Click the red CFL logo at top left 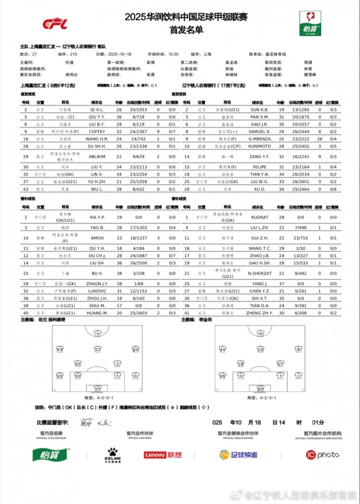click(x=55, y=23)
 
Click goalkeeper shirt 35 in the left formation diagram click(x=98, y=389)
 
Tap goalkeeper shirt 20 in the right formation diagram click(x=260, y=389)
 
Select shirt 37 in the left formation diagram click(x=98, y=350)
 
